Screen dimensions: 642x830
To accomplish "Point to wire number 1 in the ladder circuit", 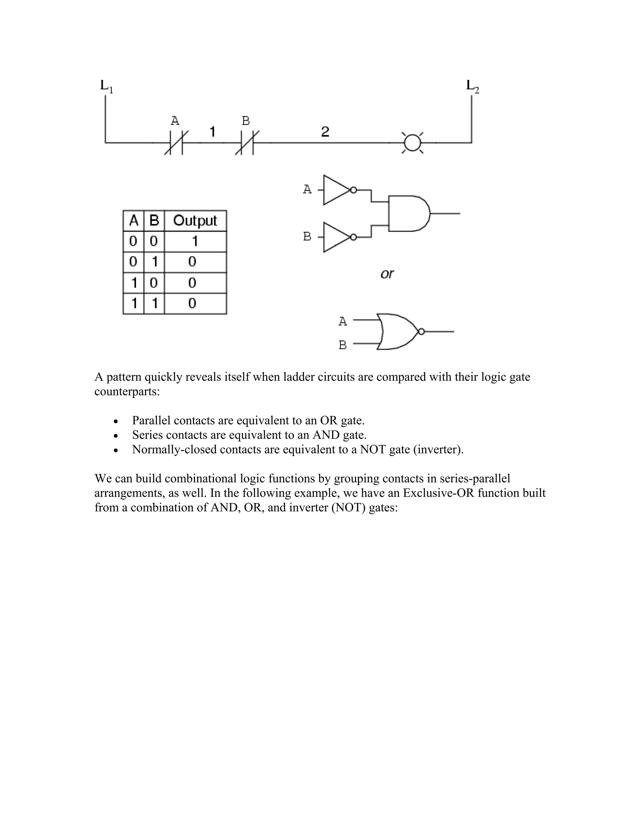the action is pos(213,132).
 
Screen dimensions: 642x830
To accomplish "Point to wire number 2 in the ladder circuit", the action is pos(325,132).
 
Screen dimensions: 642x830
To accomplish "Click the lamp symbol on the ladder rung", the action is pos(413,143).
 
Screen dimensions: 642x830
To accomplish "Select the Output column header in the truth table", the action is pos(195,221).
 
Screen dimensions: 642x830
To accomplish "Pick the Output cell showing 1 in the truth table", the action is pos(195,241).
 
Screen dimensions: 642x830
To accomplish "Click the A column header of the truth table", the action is pos(134,221).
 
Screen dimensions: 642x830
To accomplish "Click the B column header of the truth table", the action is pos(154,221).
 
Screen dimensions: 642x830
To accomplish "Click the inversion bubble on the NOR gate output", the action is pos(421,332).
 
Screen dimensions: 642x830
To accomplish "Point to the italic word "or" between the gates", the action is pos(387,274).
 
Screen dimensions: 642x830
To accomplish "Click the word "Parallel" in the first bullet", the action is pos(151,421).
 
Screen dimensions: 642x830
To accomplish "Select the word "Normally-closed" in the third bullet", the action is pos(174,449).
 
